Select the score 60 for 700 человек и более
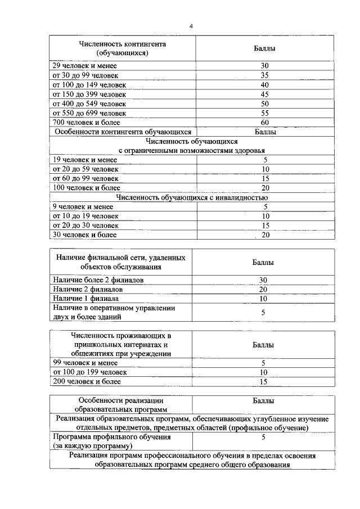point(264,122)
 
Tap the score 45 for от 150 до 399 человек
point(264,94)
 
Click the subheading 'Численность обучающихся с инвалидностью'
point(191,197)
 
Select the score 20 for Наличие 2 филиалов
point(263,289)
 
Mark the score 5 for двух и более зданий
point(263,313)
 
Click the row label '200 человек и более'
point(87,381)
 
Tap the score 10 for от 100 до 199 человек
point(263,372)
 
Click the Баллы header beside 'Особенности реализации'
point(263,401)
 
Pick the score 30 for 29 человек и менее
point(264,66)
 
